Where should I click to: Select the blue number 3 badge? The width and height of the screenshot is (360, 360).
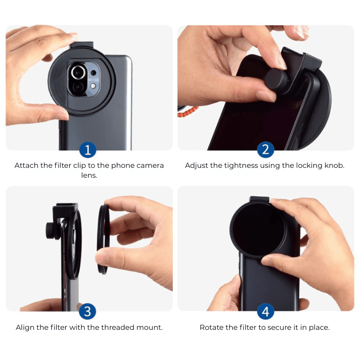click(87, 311)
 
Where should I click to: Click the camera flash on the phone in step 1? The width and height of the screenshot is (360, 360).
click(93, 85)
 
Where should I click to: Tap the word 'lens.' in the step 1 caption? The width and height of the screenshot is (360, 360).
click(89, 175)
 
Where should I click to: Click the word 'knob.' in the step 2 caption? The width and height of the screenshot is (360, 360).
click(334, 166)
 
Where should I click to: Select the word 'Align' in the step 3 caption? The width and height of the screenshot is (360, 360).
click(25, 328)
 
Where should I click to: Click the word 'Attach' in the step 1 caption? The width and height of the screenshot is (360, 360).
click(27, 166)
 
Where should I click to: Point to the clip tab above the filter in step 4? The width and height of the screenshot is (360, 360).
click(259, 199)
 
